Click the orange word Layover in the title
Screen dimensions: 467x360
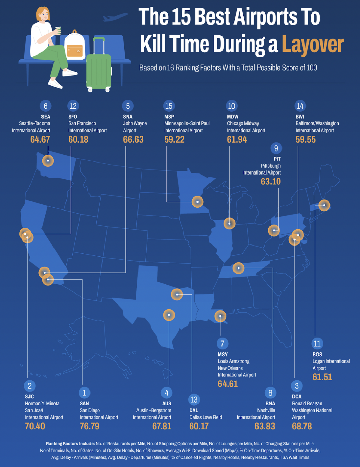312,45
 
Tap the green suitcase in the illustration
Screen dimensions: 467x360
99,70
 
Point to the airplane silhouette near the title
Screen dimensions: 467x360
115,17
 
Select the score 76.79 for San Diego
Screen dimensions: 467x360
89,426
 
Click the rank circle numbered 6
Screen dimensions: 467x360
45,106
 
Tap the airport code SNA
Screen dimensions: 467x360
128,117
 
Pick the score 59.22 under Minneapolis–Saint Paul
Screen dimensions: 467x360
174,140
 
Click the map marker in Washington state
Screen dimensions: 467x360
48,160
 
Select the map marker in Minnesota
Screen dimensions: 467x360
197,202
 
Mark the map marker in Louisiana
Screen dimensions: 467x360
220,316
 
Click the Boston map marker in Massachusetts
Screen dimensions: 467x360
324,205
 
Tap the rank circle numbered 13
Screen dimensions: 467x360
194,399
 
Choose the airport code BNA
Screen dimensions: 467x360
270,404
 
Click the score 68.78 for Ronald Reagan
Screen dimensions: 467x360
302,426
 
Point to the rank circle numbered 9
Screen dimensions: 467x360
276,148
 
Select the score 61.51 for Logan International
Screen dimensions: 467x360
322,377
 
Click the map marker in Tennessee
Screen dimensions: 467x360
239,268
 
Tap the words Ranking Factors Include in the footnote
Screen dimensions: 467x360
70,444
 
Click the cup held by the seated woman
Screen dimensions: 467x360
58,30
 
